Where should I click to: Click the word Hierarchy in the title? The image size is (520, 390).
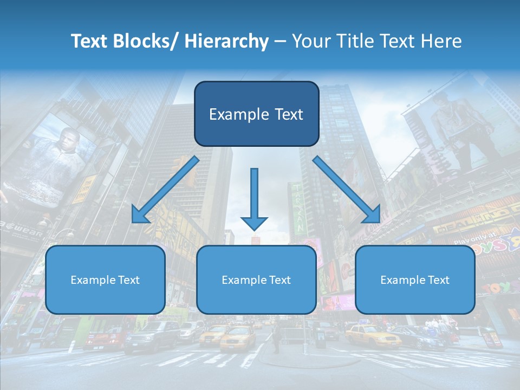[x=226, y=41]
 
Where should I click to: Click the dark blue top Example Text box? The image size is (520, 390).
[x=256, y=114]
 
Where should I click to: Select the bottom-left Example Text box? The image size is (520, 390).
[x=105, y=279]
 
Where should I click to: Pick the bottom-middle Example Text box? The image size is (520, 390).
[x=256, y=279]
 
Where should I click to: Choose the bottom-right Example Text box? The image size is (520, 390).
[x=415, y=279]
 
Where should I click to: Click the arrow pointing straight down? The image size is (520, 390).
[x=254, y=198]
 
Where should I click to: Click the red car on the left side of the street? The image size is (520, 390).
[x=105, y=338]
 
